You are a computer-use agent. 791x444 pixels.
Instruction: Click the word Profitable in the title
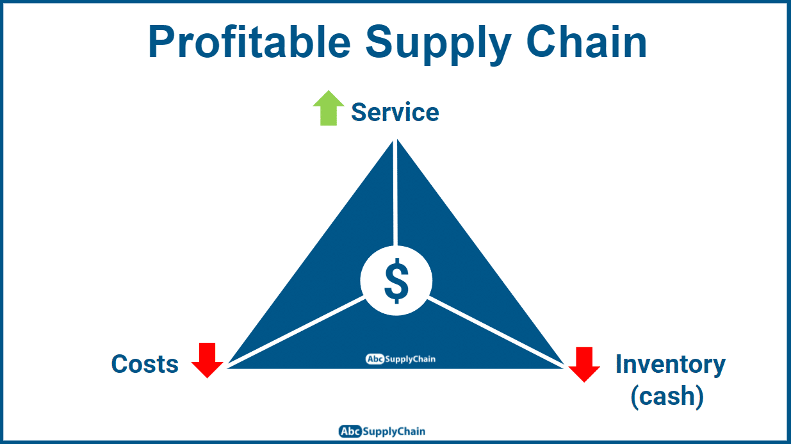249,42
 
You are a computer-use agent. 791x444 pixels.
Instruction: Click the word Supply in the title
438,42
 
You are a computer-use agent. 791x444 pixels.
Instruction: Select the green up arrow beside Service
329,108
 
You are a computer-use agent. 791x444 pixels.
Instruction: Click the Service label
395,112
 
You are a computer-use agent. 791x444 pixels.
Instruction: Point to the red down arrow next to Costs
207,360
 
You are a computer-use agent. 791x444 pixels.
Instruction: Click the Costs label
145,364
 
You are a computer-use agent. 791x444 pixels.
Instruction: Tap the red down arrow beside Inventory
584,364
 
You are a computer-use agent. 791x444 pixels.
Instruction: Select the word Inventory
670,364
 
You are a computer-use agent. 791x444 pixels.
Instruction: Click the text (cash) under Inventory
667,397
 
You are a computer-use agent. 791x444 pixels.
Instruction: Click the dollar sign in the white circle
396,281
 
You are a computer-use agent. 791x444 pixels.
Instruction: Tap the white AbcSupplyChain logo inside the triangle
400,359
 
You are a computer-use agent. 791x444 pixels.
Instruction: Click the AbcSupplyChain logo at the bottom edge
382,431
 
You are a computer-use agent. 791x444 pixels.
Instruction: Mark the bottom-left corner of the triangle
229,366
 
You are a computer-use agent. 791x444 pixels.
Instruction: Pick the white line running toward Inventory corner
496,332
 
